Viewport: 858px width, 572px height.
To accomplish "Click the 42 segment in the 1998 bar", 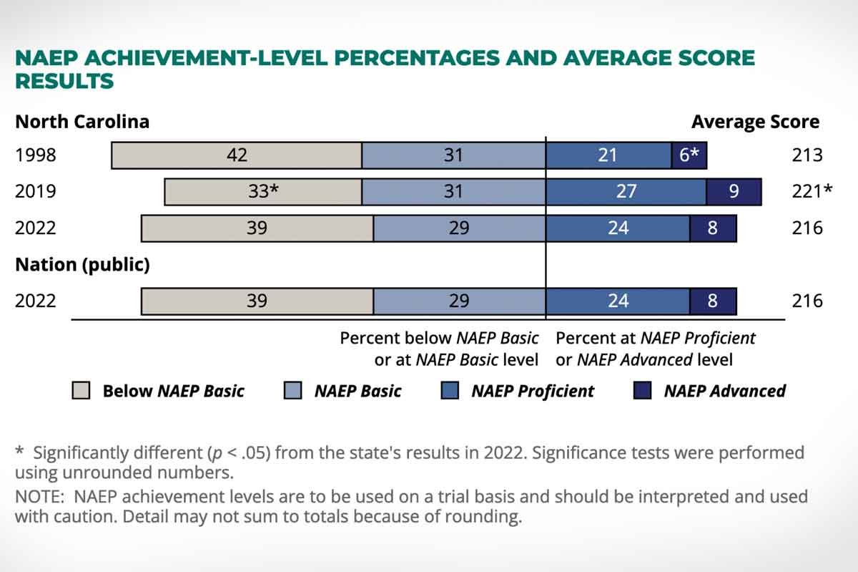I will pyautogui.click(x=237, y=155).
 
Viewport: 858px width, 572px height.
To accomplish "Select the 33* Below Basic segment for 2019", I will pyautogui.click(x=263, y=191).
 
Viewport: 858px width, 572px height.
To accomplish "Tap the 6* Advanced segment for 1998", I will pyautogui.click(x=689, y=155).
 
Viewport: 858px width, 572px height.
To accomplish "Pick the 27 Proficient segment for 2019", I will pyautogui.click(x=626, y=191).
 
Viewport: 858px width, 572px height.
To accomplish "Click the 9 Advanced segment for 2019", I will pyautogui.click(x=734, y=191).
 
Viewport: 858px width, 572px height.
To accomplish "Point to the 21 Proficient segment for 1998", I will pyautogui.click(x=608, y=155).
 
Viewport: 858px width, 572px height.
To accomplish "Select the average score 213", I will pyautogui.click(x=807, y=155).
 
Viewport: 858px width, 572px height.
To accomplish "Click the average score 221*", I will pyautogui.click(x=812, y=192).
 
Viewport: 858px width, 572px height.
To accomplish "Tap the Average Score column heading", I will pyautogui.click(x=755, y=122).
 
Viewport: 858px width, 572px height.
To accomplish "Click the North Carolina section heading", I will pyautogui.click(x=82, y=122).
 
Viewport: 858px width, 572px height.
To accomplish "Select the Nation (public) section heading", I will pyautogui.click(x=82, y=265).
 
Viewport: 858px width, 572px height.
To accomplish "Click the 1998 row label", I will pyautogui.click(x=35, y=155).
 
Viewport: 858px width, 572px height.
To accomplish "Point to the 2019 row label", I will pyautogui.click(x=35, y=192).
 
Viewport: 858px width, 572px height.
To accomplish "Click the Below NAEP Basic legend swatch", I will pyautogui.click(x=82, y=391).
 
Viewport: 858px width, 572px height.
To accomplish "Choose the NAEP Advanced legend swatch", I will pyautogui.click(x=643, y=391).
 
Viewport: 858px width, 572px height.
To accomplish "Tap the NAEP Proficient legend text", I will pyautogui.click(x=532, y=391).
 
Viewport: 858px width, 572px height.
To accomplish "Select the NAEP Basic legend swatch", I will pyautogui.click(x=293, y=391).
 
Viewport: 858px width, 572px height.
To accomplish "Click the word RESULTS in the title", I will pyautogui.click(x=64, y=81).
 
